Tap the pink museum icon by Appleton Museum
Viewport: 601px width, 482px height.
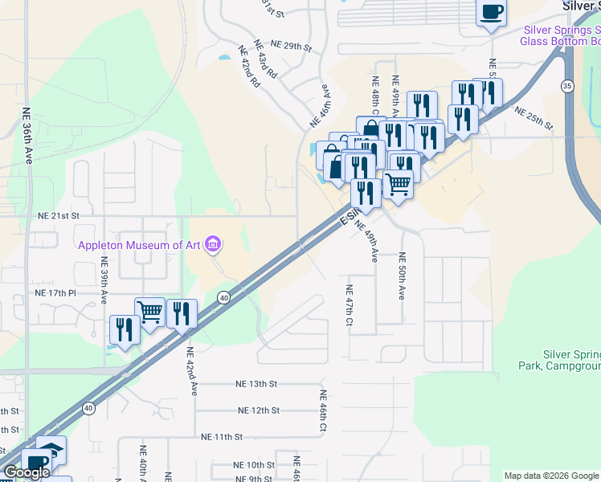213,243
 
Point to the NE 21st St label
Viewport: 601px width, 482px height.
59,216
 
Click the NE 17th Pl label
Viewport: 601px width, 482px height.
55,294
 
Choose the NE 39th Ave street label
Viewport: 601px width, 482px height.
104,280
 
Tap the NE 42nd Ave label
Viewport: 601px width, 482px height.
192,371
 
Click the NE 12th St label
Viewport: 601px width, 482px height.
258,411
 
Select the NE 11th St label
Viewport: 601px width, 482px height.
221,436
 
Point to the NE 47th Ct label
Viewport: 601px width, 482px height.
350,306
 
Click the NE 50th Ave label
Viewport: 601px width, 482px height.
402,276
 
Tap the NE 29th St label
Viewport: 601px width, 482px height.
291,46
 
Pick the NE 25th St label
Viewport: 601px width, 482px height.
534,118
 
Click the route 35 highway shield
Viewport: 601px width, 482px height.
568,87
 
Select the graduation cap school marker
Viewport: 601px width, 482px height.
51,449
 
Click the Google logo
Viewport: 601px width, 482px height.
27,473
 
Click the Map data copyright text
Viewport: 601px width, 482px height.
550,476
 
